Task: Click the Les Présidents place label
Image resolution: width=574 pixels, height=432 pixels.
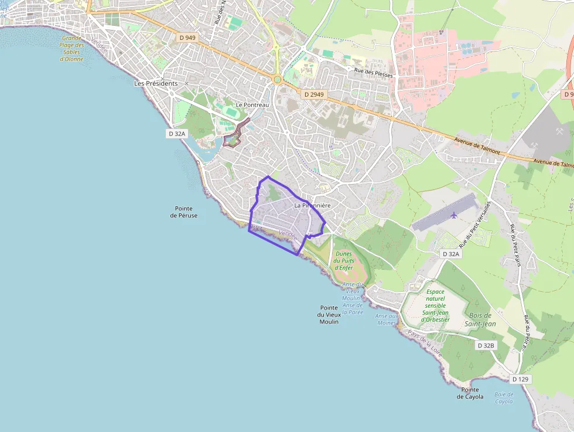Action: coord(156,83)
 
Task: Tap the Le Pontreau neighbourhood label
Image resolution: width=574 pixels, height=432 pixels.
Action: coord(252,105)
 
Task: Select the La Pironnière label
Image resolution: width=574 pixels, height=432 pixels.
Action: coord(313,206)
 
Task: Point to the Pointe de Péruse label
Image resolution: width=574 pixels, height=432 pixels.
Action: coord(184,212)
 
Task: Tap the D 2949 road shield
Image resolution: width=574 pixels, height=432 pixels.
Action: coord(314,94)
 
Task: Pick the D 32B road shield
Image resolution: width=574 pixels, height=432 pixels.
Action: coord(486,345)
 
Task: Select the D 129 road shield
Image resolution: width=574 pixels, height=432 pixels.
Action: coord(520,379)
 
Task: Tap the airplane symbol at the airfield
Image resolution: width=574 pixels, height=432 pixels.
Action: coord(454,215)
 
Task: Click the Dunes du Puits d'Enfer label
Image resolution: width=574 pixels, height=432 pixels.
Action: coord(346,260)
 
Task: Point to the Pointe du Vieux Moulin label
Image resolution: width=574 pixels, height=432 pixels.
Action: coord(329,315)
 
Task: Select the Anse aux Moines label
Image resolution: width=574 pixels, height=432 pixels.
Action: coord(387,319)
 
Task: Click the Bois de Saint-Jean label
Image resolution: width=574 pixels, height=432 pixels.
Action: coord(480,319)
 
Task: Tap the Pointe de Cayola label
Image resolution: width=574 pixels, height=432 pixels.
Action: coord(470,393)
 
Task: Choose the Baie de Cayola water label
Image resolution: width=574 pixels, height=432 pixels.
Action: coord(504,398)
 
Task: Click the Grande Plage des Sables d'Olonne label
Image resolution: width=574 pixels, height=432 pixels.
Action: coord(72,49)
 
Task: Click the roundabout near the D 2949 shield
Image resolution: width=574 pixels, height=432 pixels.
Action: coord(278,79)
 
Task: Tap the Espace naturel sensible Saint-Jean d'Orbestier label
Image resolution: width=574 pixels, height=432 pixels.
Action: coord(435,305)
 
